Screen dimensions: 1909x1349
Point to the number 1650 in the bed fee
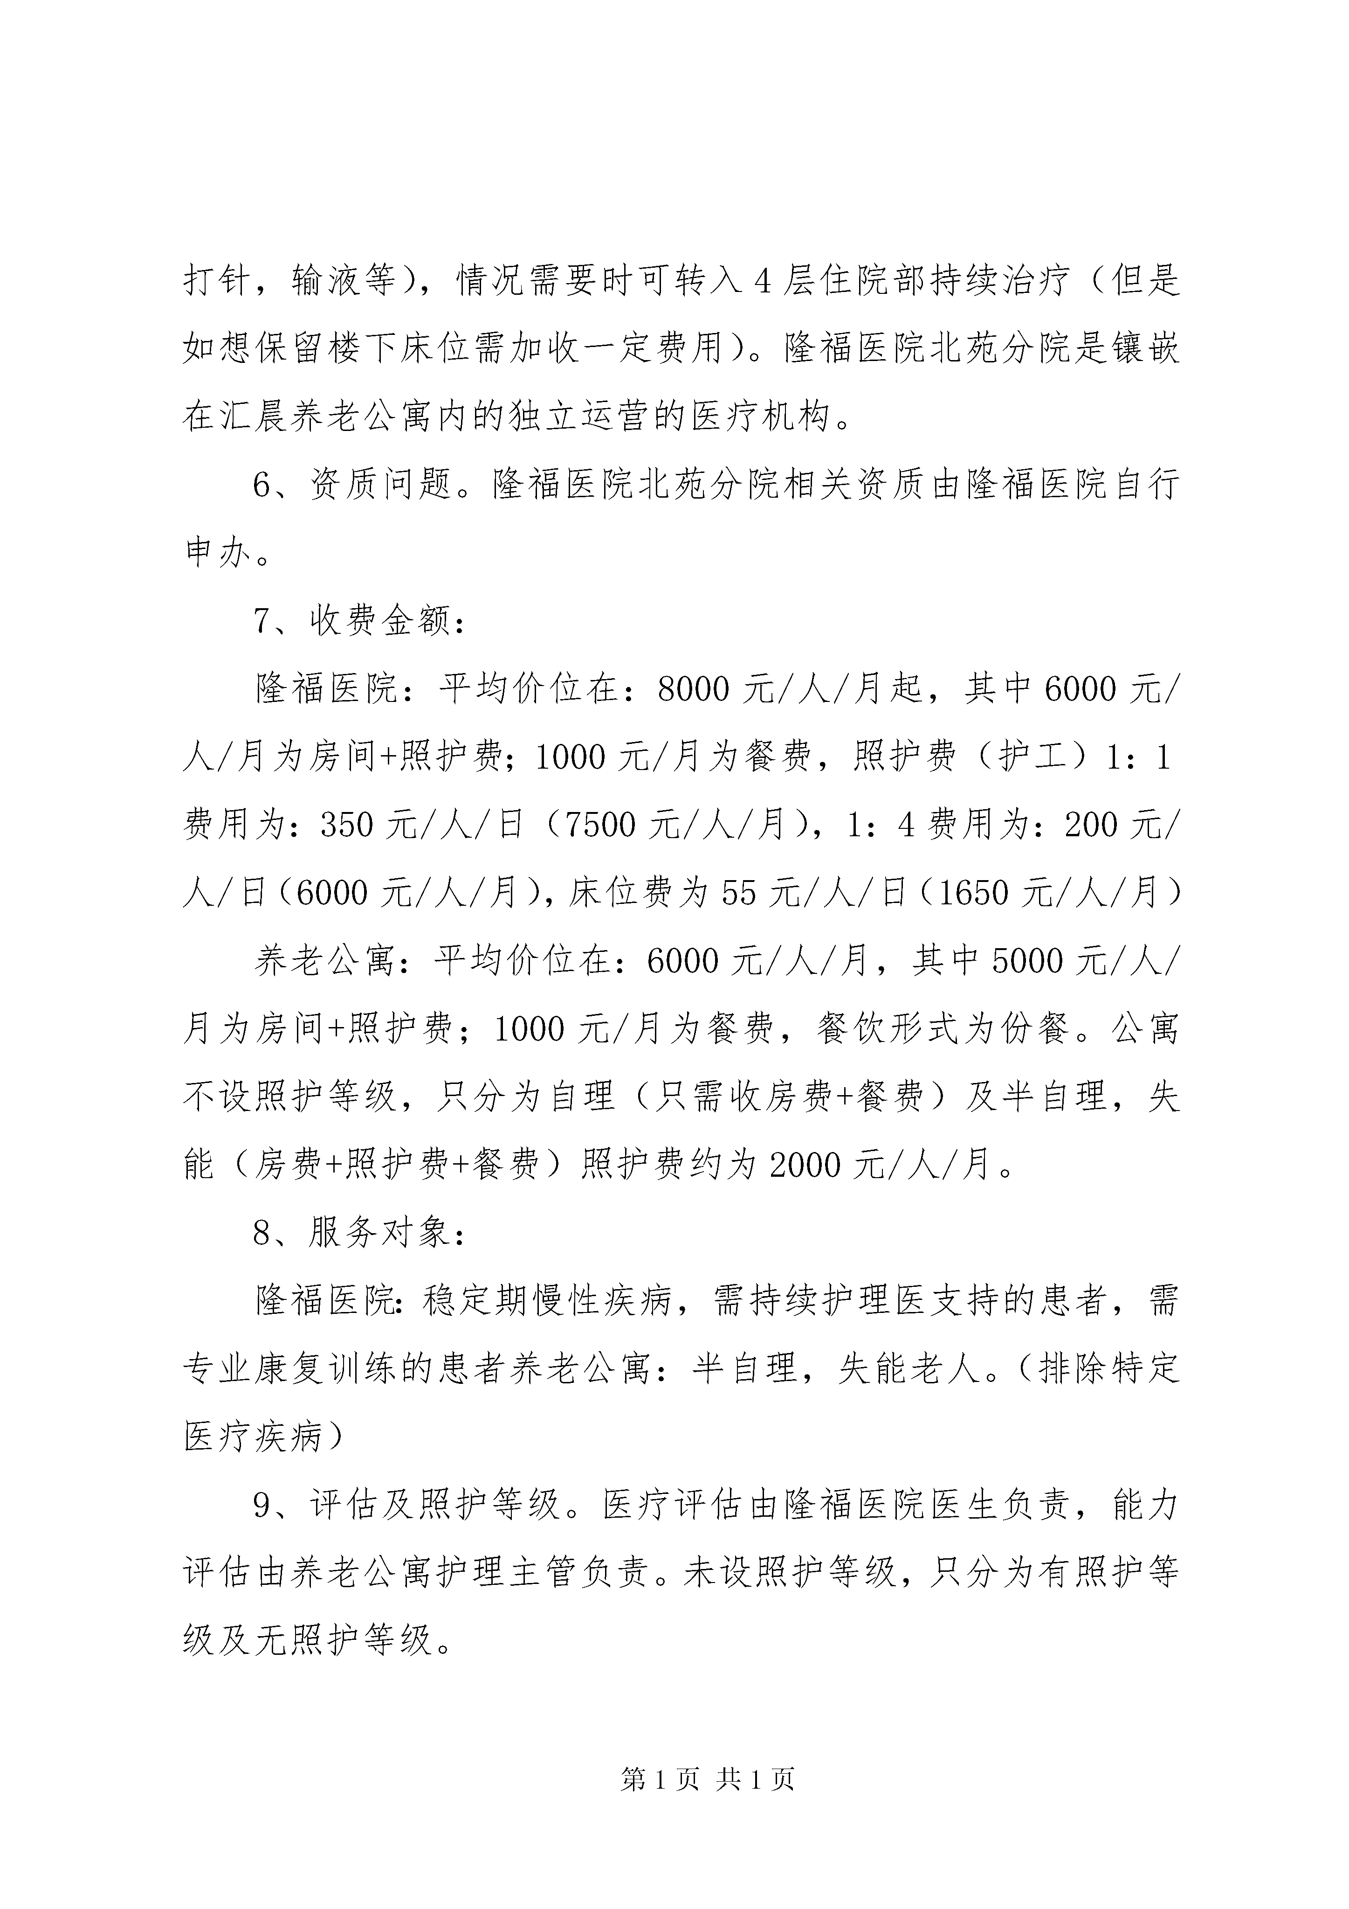(x=974, y=893)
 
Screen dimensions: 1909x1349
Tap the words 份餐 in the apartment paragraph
(x=1035, y=1029)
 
